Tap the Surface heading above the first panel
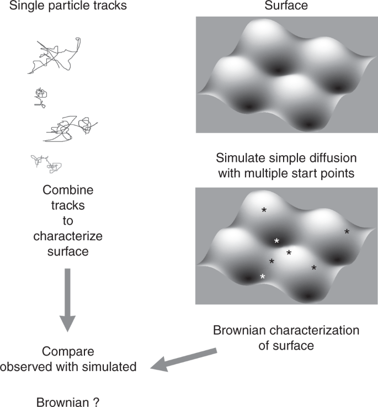286,7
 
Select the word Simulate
236,157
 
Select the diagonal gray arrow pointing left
185,358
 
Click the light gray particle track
46,163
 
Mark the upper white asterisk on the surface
277,241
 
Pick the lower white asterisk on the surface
263,277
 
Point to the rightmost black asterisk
347,232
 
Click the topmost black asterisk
264,210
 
